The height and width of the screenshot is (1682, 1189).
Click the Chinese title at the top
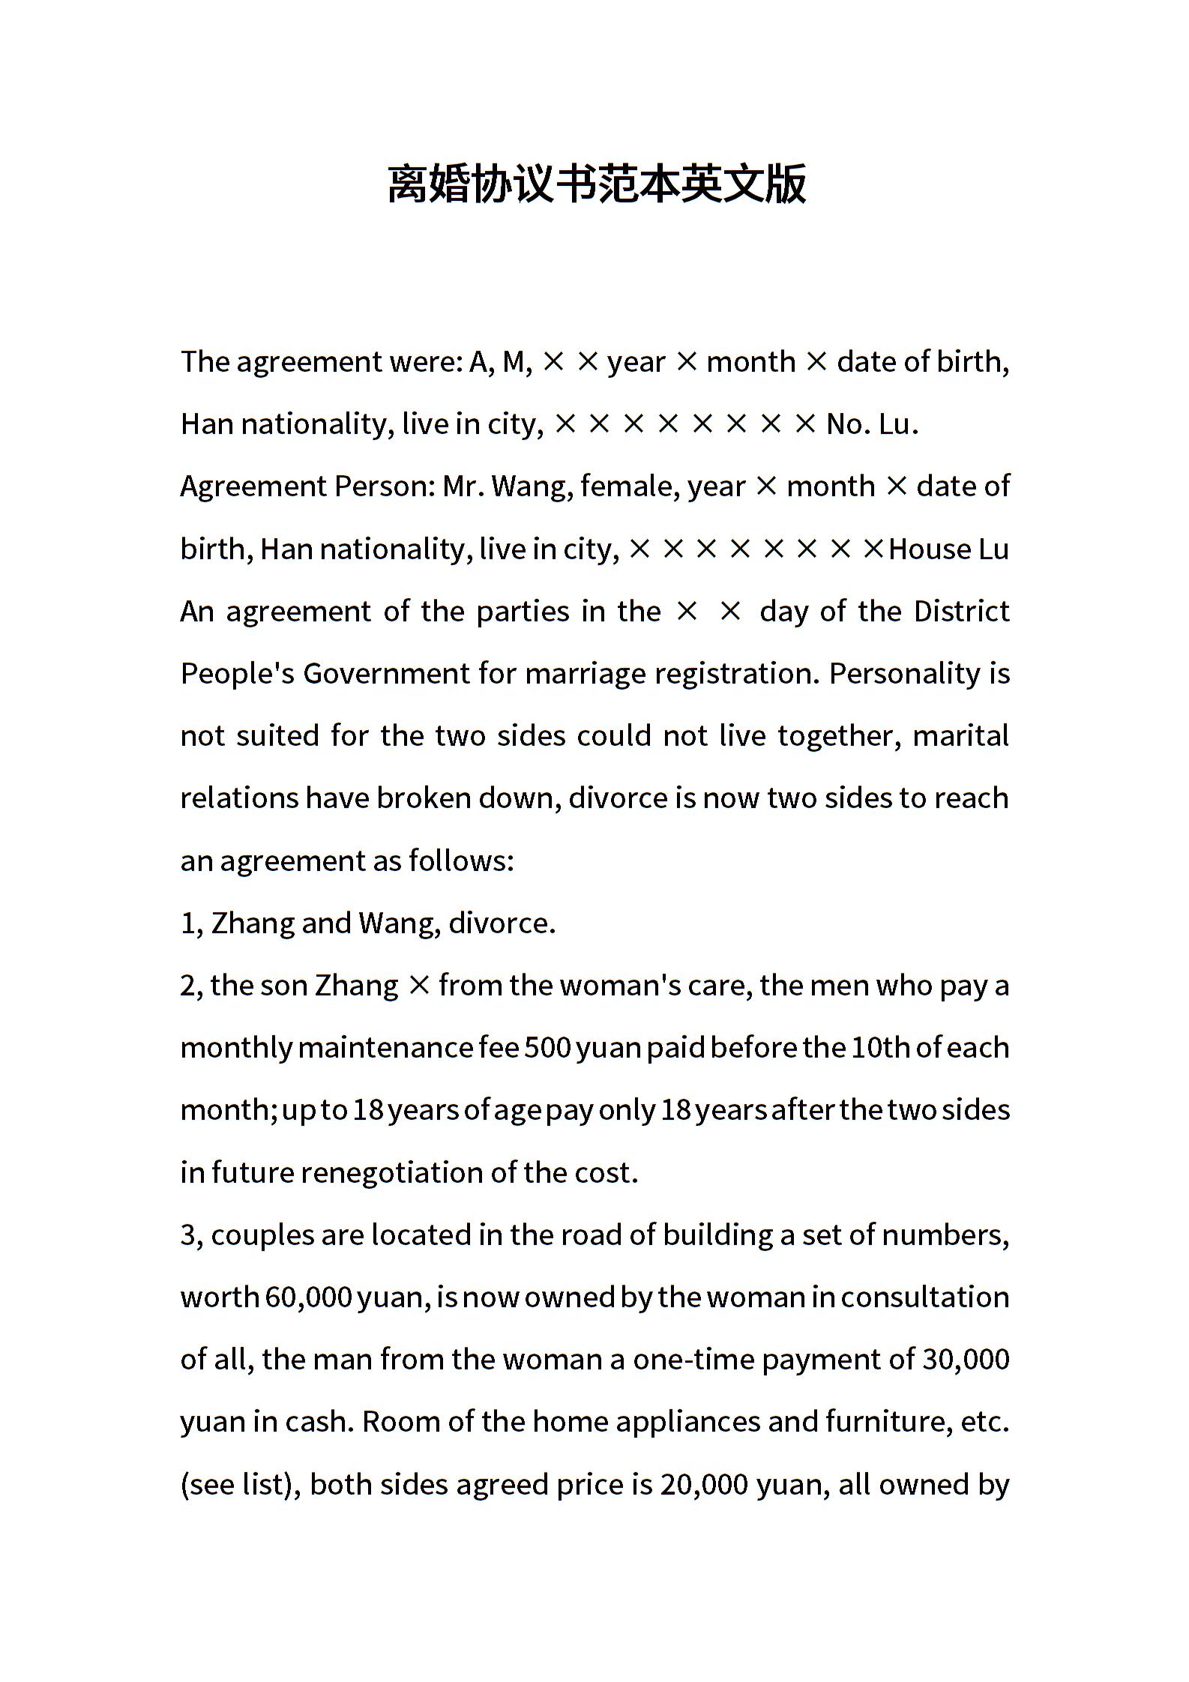pos(596,184)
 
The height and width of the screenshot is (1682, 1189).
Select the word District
pos(961,612)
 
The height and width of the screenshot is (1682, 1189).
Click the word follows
pos(460,860)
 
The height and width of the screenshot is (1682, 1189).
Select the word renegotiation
pos(391,1172)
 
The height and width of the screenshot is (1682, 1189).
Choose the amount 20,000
pos(704,1485)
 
